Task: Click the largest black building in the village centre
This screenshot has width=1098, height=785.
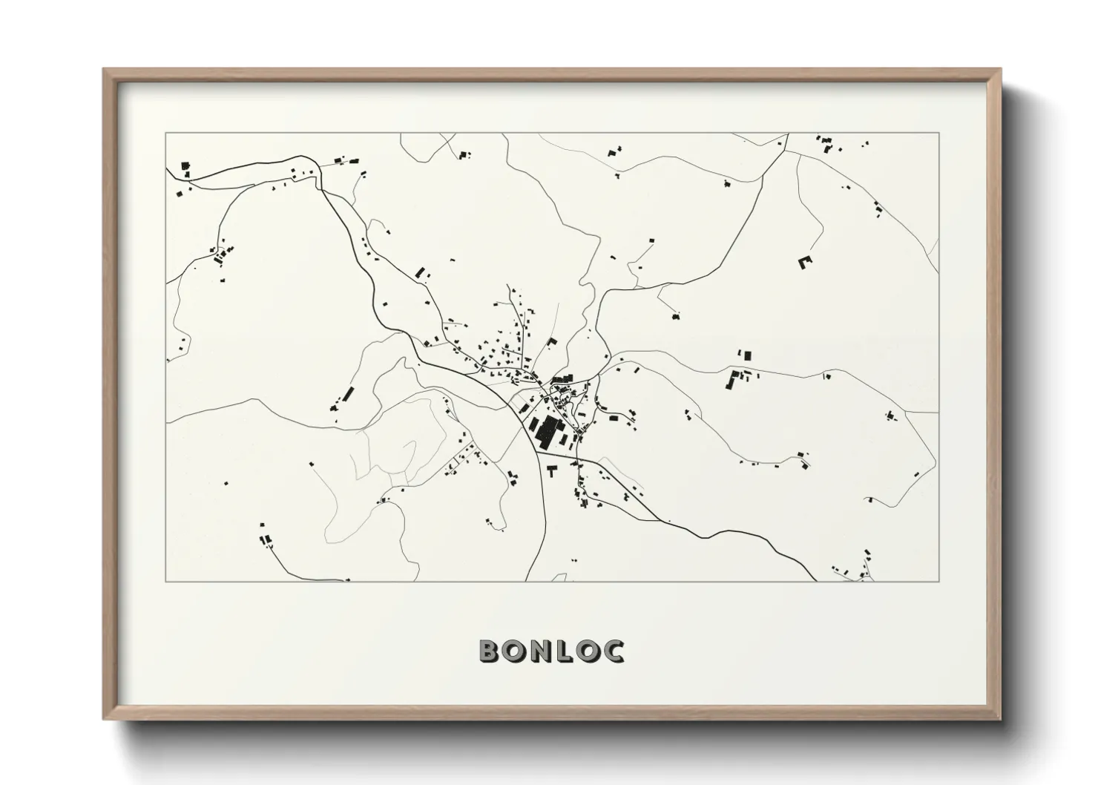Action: pyautogui.click(x=550, y=430)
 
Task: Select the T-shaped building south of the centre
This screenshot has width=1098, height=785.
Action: pyautogui.click(x=551, y=470)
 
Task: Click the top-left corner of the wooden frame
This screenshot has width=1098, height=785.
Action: pyautogui.click(x=105, y=70)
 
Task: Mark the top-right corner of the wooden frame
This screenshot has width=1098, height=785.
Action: pyautogui.click(x=999, y=70)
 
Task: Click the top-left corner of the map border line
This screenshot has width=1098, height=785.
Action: pyautogui.click(x=166, y=134)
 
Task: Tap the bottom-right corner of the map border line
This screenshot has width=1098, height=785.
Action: pyautogui.click(x=938, y=581)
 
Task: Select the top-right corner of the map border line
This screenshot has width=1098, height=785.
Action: pyautogui.click(x=938, y=134)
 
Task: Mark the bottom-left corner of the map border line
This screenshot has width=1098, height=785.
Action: pyautogui.click(x=166, y=581)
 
